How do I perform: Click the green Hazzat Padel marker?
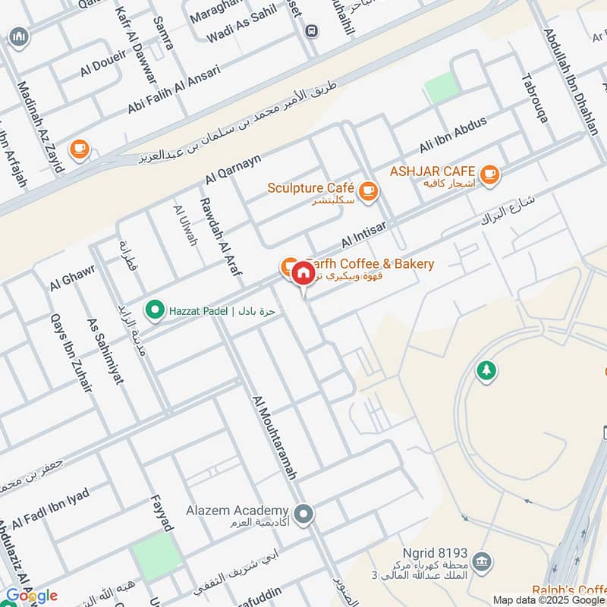(x=156, y=310)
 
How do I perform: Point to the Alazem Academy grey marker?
(x=304, y=515)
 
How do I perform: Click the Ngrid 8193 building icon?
(x=480, y=562)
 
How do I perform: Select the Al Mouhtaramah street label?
(x=274, y=436)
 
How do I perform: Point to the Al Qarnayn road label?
(x=233, y=169)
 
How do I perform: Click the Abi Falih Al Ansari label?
(x=174, y=90)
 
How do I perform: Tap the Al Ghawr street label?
(x=72, y=281)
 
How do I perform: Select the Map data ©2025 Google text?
(x=548, y=599)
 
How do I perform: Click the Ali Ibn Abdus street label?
(x=453, y=135)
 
